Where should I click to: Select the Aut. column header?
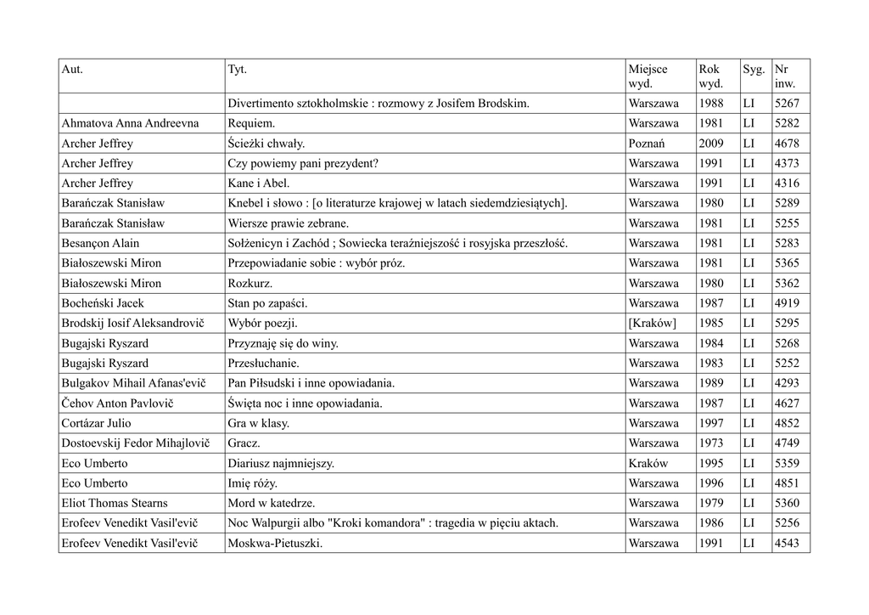click(x=72, y=69)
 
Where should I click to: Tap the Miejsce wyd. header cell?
click(x=648, y=76)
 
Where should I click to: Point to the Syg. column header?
click(x=754, y=69)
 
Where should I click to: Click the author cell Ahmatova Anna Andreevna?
click(x=130, y=123)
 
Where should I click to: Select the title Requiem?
click(x=251, y=123)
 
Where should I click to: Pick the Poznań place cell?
click(x=647, y=144)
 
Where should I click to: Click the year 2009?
click(x=711, y=144)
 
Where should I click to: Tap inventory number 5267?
click(x=787, y=104)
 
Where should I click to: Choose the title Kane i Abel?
click(x=259, y=183)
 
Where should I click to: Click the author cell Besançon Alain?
click(x=100, y=244)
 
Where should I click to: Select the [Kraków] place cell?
click(x=653, y=324)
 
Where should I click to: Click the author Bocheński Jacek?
click(x=103, y=303)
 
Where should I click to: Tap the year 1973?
click(x=711, y=443)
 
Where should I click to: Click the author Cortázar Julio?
click(x=96, y=423)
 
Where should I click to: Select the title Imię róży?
click(x=253, y=483)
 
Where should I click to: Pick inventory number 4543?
click(x=787, y=543)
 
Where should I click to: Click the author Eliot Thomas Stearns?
click(x=115, y=503)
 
